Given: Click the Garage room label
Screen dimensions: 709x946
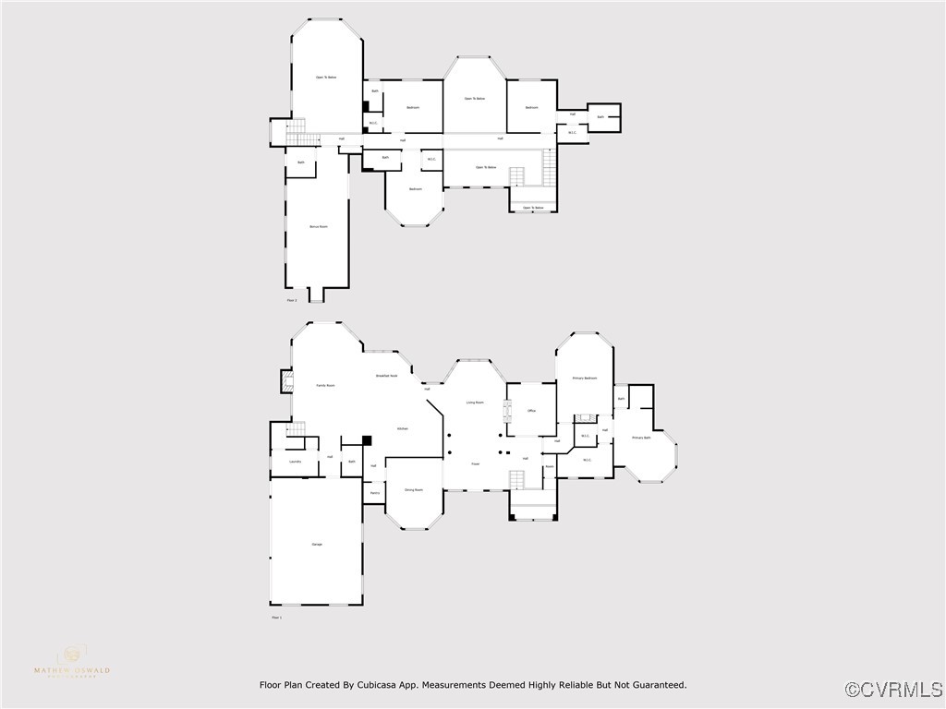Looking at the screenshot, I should click(317, 545).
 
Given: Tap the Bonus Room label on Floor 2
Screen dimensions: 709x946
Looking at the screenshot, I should click(318, 226).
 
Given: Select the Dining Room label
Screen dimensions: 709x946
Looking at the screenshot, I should click(413, 490).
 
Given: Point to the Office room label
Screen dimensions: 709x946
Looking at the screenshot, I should click(532, 411).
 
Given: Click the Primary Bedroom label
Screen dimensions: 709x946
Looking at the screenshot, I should click(584, 379).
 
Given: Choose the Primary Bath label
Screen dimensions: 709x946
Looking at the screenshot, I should click(641, 438).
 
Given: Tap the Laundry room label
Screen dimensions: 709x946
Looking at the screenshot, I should click(295, 462).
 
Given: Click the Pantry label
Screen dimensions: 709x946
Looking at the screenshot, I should click(374, 493).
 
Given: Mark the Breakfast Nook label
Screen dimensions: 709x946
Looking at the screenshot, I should click(386, 376).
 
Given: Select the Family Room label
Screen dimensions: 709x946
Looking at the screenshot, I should click(325, 385).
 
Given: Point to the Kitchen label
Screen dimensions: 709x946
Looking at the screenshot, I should click(403, 429).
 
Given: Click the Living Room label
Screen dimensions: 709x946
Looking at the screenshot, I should click(475, 403).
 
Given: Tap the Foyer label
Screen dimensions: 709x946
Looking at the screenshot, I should click(476, 463).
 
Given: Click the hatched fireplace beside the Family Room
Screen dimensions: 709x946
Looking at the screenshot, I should click(286, 382).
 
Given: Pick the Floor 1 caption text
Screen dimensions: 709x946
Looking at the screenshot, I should click(276, 617).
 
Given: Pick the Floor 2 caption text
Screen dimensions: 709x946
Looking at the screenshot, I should click(292, 300).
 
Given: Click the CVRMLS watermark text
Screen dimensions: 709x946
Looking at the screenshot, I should click(894, 690).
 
